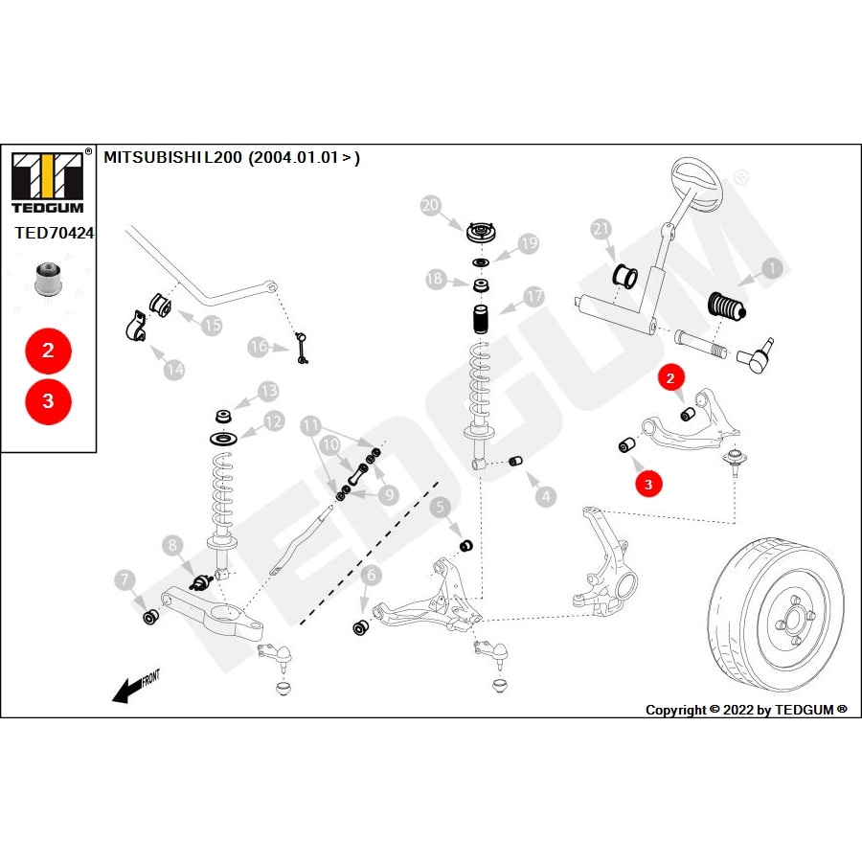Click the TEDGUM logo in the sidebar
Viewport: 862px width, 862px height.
[x=48, y=182]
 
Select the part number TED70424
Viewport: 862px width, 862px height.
[x=54, y=232]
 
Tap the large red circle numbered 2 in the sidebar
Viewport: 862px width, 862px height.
[x=48, y=351]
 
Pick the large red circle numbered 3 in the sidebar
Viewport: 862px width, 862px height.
[x=48, y=402]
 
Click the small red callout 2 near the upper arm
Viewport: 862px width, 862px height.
[x=671, y=378]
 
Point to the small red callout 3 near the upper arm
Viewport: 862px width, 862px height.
[x=648, y=485]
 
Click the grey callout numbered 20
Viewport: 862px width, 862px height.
[x=430, y=204]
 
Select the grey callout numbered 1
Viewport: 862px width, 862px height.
[x=773, y=269]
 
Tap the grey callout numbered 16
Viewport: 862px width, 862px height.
[x=258, y=347]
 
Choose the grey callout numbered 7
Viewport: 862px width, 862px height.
[x=124, y=579]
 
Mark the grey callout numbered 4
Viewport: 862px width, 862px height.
[x=545, y=496]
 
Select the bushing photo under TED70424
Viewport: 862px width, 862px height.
[x=47, y=278]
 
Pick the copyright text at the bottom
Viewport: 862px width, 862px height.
[x=745, y=710]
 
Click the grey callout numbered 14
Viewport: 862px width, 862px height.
[x=173, y=368]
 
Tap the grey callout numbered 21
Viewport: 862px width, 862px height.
[x=601, y=230]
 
